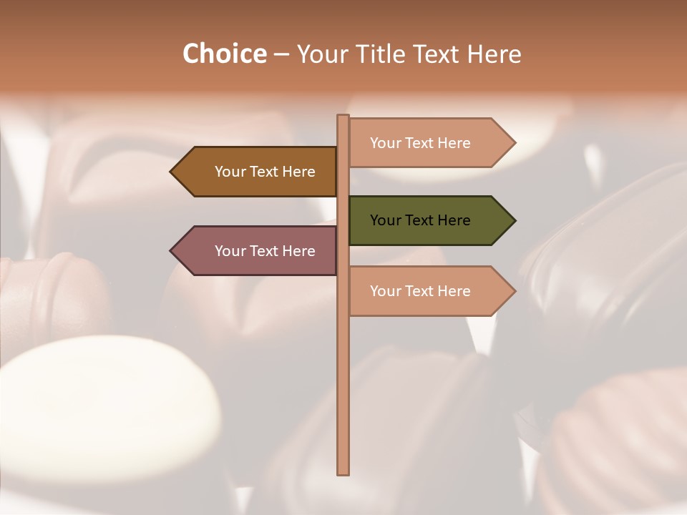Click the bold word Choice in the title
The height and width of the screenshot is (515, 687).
224,54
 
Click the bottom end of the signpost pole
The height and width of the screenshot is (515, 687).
343,471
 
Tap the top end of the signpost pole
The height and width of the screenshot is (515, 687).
343,117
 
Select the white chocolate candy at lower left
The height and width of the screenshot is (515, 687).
107,401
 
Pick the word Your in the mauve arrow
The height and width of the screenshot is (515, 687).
230,251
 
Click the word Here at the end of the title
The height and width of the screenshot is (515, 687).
493,54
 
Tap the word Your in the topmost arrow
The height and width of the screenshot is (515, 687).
385,143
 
